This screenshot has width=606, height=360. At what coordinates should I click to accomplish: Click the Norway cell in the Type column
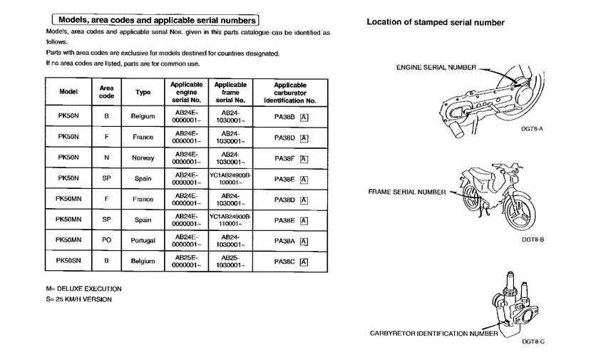tap(143, 158)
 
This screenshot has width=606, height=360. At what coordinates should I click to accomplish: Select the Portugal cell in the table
tap(143, 241)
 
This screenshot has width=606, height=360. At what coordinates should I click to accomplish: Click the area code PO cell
tap(106, 241)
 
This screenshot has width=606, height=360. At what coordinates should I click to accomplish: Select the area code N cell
tap(106, 158)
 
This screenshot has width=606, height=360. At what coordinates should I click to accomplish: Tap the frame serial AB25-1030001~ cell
tap(230, 262)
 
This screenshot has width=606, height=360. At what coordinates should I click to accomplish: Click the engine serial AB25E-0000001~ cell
tap(186, 262)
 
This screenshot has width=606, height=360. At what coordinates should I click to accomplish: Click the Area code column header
tap(106, 93)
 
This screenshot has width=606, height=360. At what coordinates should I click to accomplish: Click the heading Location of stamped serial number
tap(436, 23)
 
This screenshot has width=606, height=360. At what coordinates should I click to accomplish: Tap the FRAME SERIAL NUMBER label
tap(407, 192)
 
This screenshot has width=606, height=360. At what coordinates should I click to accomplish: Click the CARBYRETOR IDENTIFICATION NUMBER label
tap(434, 333)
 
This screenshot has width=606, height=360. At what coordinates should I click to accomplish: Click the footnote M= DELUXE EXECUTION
tap(83, 289)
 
